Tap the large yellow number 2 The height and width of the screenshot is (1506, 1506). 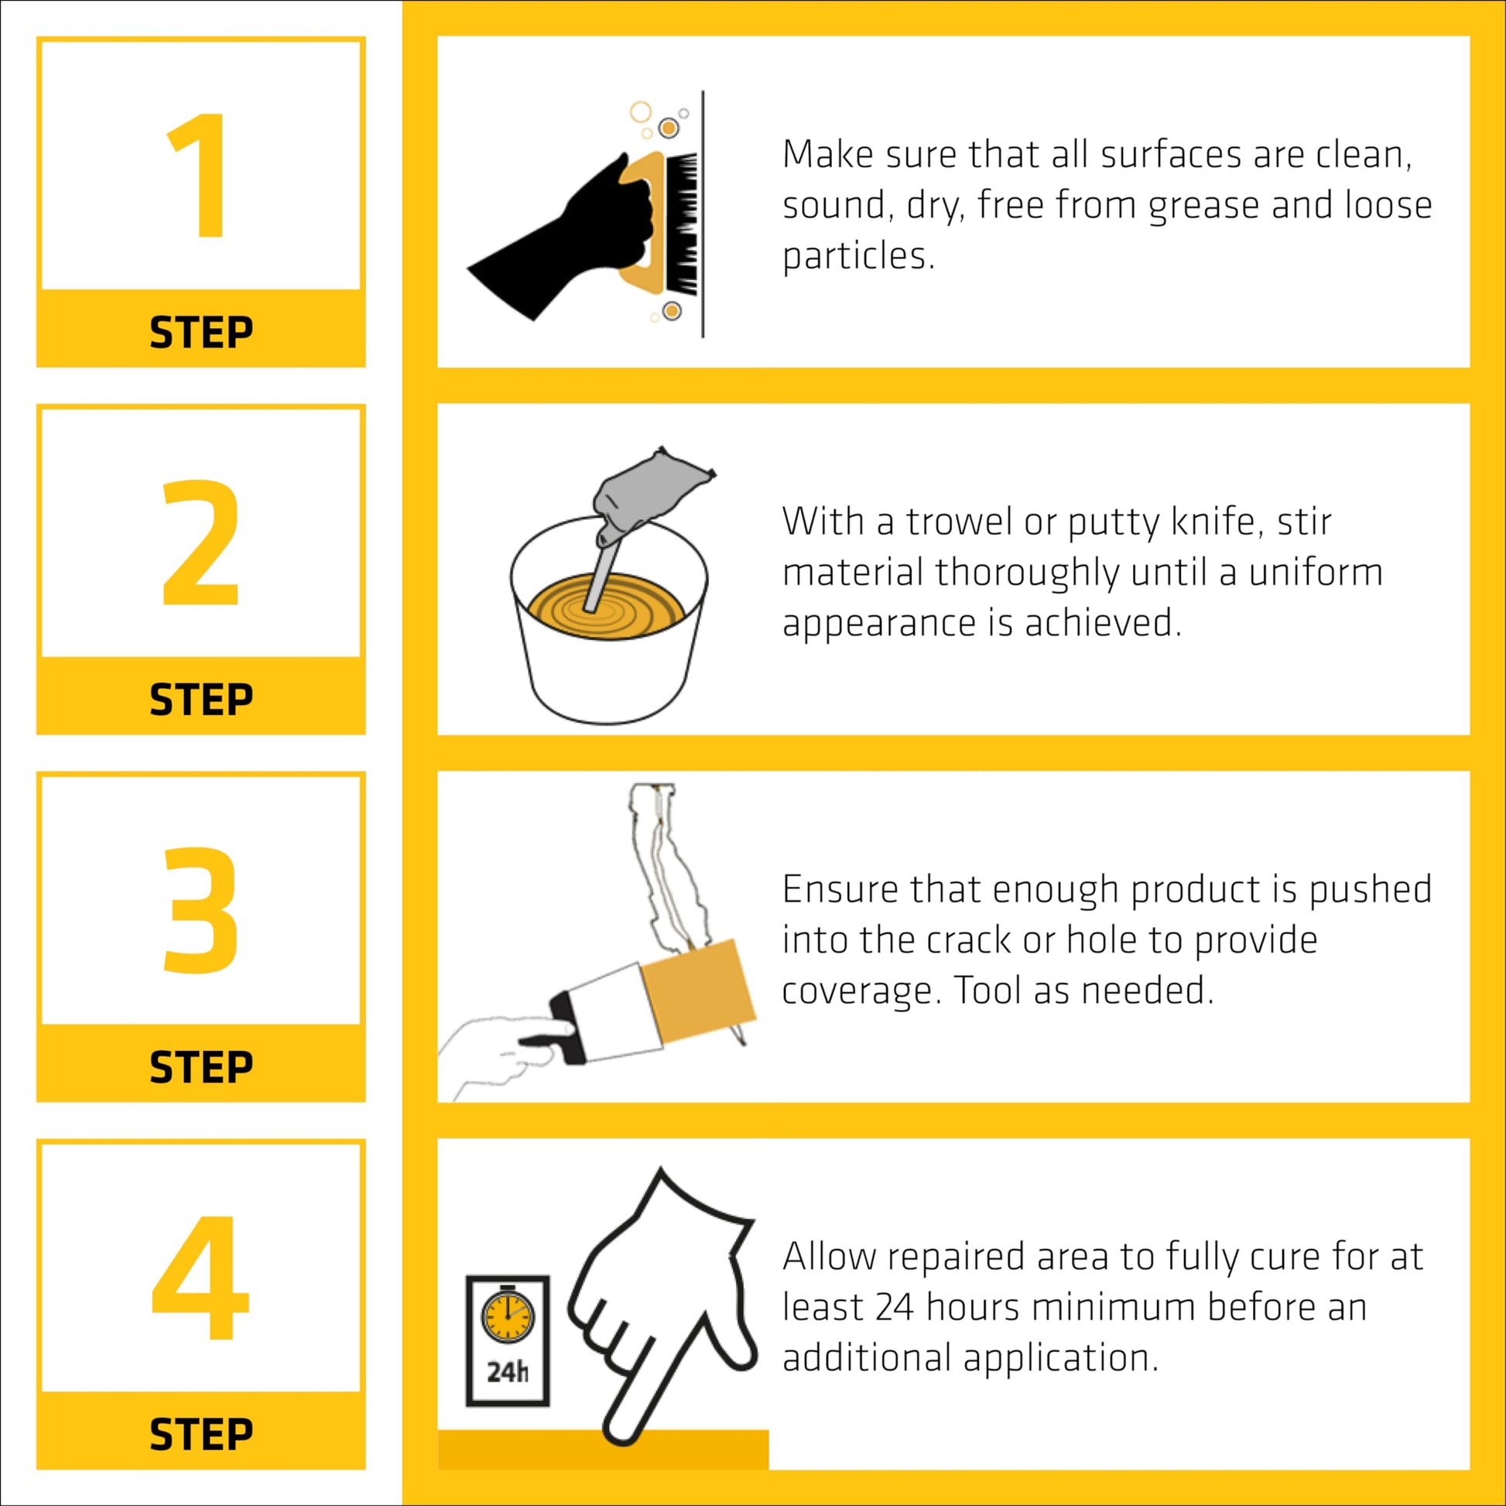[200, 543]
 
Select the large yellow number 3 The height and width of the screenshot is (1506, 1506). [200, 909]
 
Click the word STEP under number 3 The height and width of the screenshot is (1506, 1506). [201, 1067]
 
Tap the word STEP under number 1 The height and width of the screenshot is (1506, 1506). [201, 332]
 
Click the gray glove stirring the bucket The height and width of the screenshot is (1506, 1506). [647, 491]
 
